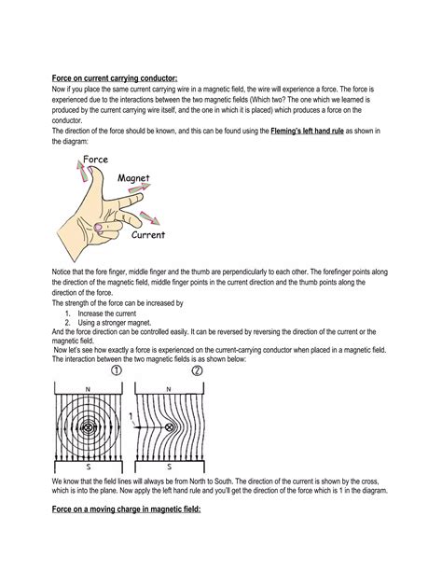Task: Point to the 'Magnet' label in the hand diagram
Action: (134, 177)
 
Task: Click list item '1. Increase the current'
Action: (114, 314)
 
